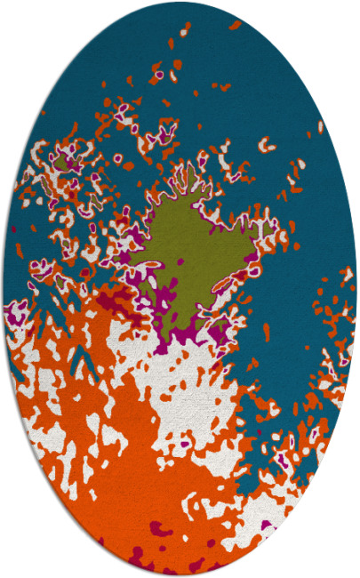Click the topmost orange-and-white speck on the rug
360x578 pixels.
[x=184, y=32]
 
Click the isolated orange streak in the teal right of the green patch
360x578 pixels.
[x=266, y=331]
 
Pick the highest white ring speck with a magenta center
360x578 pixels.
[x=160, y=75]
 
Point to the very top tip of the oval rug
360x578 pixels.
[x=180, y=2]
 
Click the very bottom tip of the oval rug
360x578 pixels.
[x=180, y=576]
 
